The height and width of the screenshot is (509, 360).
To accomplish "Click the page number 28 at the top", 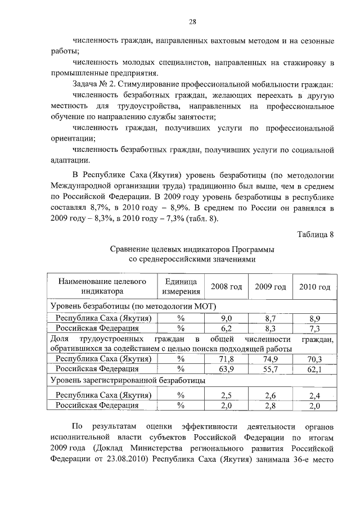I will pyautogui.click(x=192, y=22).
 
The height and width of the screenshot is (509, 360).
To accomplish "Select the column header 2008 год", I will pyautogui.click(x=226, y=287).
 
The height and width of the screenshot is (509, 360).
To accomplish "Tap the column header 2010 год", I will pyautogui.click(x=314, y=287).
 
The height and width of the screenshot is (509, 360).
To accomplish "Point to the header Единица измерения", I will pyautogui.click(x=181, y=287).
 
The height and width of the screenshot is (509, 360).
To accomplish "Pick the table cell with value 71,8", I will pyautogui.click(x=226, y=359).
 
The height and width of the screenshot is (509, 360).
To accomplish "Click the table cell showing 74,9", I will pyautogui.click(x=271, y=359).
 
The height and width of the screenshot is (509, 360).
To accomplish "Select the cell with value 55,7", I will pyautogui.click(x=271, y=369).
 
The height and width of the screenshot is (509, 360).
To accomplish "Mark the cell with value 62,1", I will pyautogui.click(x=314, y=369).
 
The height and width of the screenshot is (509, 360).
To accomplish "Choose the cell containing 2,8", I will pyautogui.click(x=271, y=405).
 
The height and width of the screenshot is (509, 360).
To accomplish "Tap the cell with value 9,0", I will pyautogui.click(x=226, y=318).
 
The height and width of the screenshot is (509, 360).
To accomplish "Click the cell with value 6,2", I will pyautogui.click(x=226, y=328).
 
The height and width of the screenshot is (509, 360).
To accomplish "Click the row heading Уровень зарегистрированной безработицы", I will pyautogui.click(x=127, y=381).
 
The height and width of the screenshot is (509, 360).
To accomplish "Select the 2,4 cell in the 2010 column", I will pyautogui.click(x=314, y=395).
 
